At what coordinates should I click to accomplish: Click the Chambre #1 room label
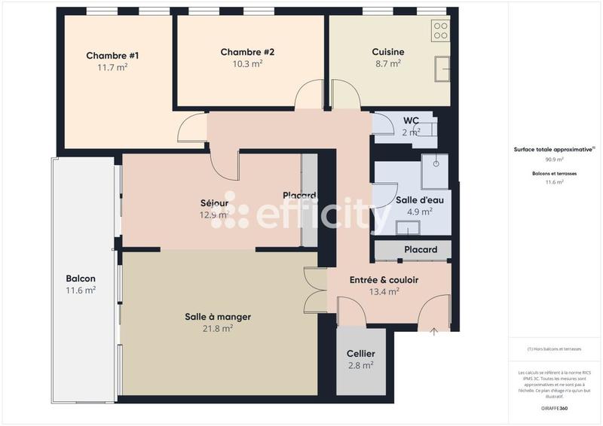[x=112, y=56]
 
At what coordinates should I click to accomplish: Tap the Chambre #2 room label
[x=247, y=52]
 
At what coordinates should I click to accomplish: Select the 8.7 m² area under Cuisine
[x=388, y=64]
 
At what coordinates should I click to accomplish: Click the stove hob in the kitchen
[x=440, y=31]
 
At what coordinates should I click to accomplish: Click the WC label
[x=411, y=120]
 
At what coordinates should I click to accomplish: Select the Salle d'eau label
[x=414, y=200]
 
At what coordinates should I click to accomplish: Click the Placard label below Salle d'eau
[x=421, y=250]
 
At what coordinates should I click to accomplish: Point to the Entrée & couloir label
[x=384, y=280]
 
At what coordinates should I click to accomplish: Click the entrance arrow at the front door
[x=434, y=330]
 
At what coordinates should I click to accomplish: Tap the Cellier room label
[x=360, y=354]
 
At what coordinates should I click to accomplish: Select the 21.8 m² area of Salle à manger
[x=217, y=328]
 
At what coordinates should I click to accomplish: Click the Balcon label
[x=81, y=278]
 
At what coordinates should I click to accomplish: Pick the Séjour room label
[x=214, y=203]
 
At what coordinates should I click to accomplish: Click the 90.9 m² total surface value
[x=555, y=160]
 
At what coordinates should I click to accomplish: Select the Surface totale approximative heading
[x=554, y=149]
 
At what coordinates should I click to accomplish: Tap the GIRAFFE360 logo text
[x=554, y=407]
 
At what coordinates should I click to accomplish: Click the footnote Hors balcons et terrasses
[x=555, y=349]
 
